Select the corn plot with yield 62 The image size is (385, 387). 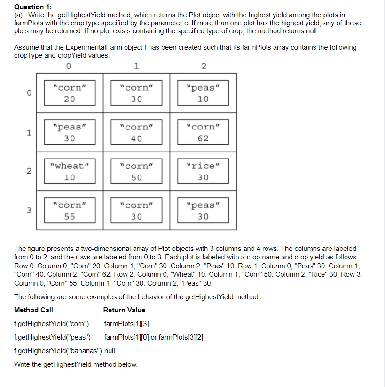(x=203, y=132)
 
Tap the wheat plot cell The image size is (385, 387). (x=70, y=171)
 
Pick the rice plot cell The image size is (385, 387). (x=203, y=171)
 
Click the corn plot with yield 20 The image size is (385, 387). (x=70, y=93)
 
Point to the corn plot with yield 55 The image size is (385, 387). (x=70, y=211)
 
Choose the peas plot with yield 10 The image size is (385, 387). (x=203, y=93)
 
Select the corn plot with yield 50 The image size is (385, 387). (x=136, y=171)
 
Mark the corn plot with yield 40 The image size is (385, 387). (x=136, y=132)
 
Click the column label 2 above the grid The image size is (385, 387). (x=204, y=66)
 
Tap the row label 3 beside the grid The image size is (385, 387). (x=29, y=211)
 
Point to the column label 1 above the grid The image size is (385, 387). (x=136, y=66)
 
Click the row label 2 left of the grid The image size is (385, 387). (x=29, y=172)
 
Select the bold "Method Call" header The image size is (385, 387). (x=33, y=310)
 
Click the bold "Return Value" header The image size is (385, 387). (x=124, y=310)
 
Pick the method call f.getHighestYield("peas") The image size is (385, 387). (x=53, y=337)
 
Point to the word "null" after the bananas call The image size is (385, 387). (x=109, y=351)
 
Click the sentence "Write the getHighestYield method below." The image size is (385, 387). (x=76, y=364)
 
